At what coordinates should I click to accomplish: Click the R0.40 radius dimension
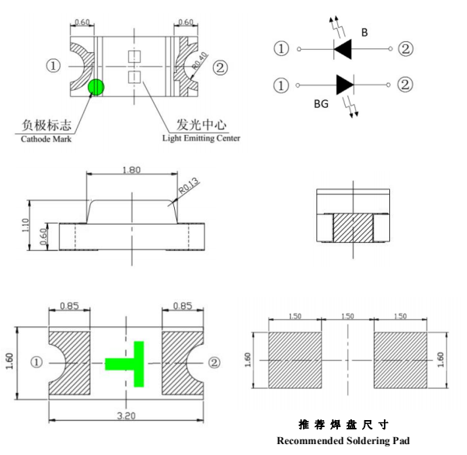(x=198, y=63)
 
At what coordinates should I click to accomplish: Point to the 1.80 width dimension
(x=132, y=170)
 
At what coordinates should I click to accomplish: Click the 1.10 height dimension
(x=26, y=225)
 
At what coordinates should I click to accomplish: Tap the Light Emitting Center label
(x=200, y=138)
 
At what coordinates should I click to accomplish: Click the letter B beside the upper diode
(x=364, y=32)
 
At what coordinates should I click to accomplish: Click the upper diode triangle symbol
(x=344, y=50)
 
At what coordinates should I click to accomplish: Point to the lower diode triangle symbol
(x=345, y=84)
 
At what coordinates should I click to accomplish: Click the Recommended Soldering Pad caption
(x=343, y=441)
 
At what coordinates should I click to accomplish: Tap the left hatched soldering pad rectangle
(x=294, y=360)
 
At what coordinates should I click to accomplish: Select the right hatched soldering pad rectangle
(x=400, y=360)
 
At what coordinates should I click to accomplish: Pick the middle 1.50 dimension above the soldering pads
(x=347, y=317)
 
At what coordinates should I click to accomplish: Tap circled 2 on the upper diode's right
(x=405, y=50)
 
